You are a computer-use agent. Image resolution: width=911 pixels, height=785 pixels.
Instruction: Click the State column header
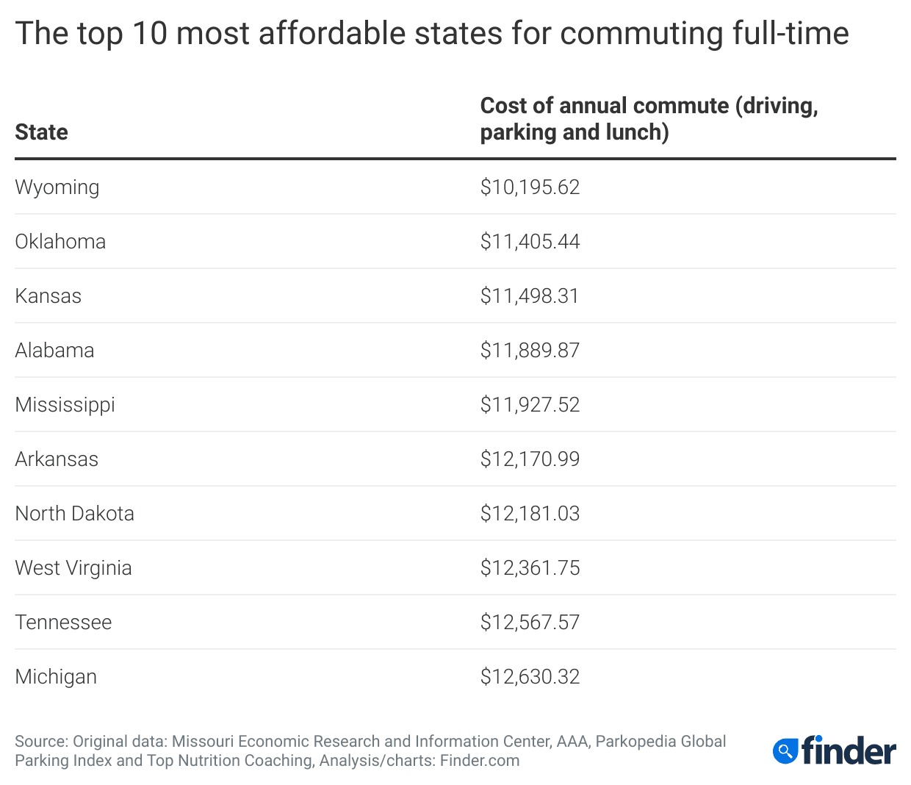tap(41, 132)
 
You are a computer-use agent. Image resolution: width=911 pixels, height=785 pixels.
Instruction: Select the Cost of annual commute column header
tap(649, 119)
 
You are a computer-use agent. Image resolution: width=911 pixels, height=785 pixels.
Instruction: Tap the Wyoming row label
tap(57, 187)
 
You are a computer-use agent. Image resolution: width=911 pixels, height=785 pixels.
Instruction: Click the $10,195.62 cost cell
tap(530, 187)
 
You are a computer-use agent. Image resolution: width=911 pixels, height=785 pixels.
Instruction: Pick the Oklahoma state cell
tap(60, 242)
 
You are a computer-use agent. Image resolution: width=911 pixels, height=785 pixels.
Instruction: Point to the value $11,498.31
tap(530, 296)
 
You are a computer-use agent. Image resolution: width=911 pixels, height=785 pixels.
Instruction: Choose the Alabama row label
tap(54, 351)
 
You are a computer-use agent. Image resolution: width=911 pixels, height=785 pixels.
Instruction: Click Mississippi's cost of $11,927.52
tap(530, 405)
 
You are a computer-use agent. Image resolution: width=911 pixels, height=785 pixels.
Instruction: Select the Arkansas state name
tap(57, 459)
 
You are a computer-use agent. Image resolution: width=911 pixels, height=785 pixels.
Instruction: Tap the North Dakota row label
tap(74, 514)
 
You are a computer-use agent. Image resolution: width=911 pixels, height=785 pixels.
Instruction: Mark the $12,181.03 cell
tap(530, 514)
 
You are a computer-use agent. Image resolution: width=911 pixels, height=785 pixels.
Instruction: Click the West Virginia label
tap(73, 568)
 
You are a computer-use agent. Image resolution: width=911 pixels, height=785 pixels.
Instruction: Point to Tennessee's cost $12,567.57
tap(530, 623)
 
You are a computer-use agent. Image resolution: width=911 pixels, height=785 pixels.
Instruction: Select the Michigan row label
tap(56, 677)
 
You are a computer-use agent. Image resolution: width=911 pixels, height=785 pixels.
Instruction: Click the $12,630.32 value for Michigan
tap(530, 677)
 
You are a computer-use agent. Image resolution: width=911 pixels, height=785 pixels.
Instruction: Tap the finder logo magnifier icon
tap(785, 751)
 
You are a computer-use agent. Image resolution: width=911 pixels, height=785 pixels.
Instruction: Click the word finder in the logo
tap(849, 750)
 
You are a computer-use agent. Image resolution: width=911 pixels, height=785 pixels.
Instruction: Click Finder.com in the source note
tap(480, 761)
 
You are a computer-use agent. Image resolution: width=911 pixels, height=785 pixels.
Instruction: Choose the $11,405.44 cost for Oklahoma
tap(530, 242)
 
